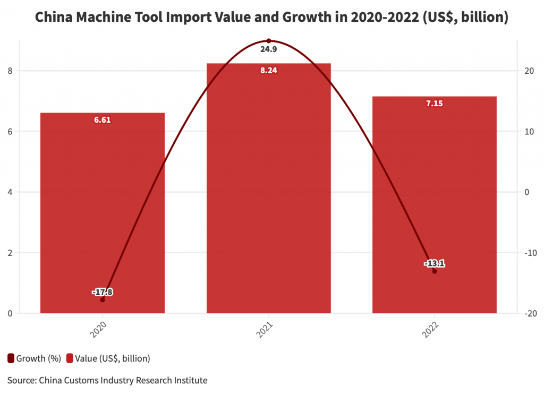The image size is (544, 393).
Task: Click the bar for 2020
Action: pyautogui.click(x=103, y=212)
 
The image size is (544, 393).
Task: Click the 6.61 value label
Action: pyautogui.click(x=103, y=120)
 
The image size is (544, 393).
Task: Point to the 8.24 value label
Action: pyautogui.click(x=268, y=70)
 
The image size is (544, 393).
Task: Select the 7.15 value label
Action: pyautogui.click(x=435, y=104)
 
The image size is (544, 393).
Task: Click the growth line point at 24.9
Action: pyautogui.click(x=268, y=41)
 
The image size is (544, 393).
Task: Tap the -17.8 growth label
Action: pyautogui.click(x=103, y=292)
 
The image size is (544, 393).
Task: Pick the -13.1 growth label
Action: pyautogui.click(x=435, y=263)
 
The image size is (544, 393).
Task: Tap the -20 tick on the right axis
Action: pyautogui.click(x=529, y=313)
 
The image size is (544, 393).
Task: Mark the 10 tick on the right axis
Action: pyautogui.click(x=529, y=131)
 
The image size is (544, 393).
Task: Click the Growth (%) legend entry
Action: pyautogui.click(x=35, y=358)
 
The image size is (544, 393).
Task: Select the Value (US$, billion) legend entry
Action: pyautogui.click(x=108, y=358)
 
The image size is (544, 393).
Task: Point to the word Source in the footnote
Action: pyautogui.click(x=21, y=380)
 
